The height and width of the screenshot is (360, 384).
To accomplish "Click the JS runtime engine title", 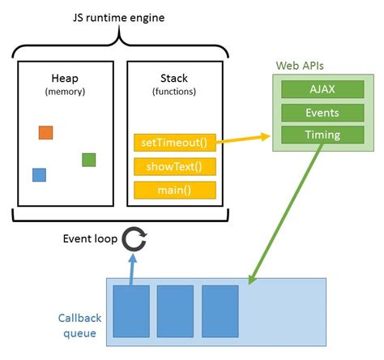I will click(120, 14).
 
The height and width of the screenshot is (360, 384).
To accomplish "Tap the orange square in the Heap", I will click(45, 133).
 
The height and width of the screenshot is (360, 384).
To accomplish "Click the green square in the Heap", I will click(89, 160).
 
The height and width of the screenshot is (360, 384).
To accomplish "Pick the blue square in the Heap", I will click(39, 174).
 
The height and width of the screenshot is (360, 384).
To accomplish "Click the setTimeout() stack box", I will click(175, 144).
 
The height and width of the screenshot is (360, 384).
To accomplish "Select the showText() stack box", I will click(175, 167).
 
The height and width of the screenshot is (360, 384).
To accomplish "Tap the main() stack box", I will click(175, 191).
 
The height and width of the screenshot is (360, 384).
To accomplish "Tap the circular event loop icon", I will click(134, 239).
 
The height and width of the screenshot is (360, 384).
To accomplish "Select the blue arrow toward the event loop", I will click(131, 268).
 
